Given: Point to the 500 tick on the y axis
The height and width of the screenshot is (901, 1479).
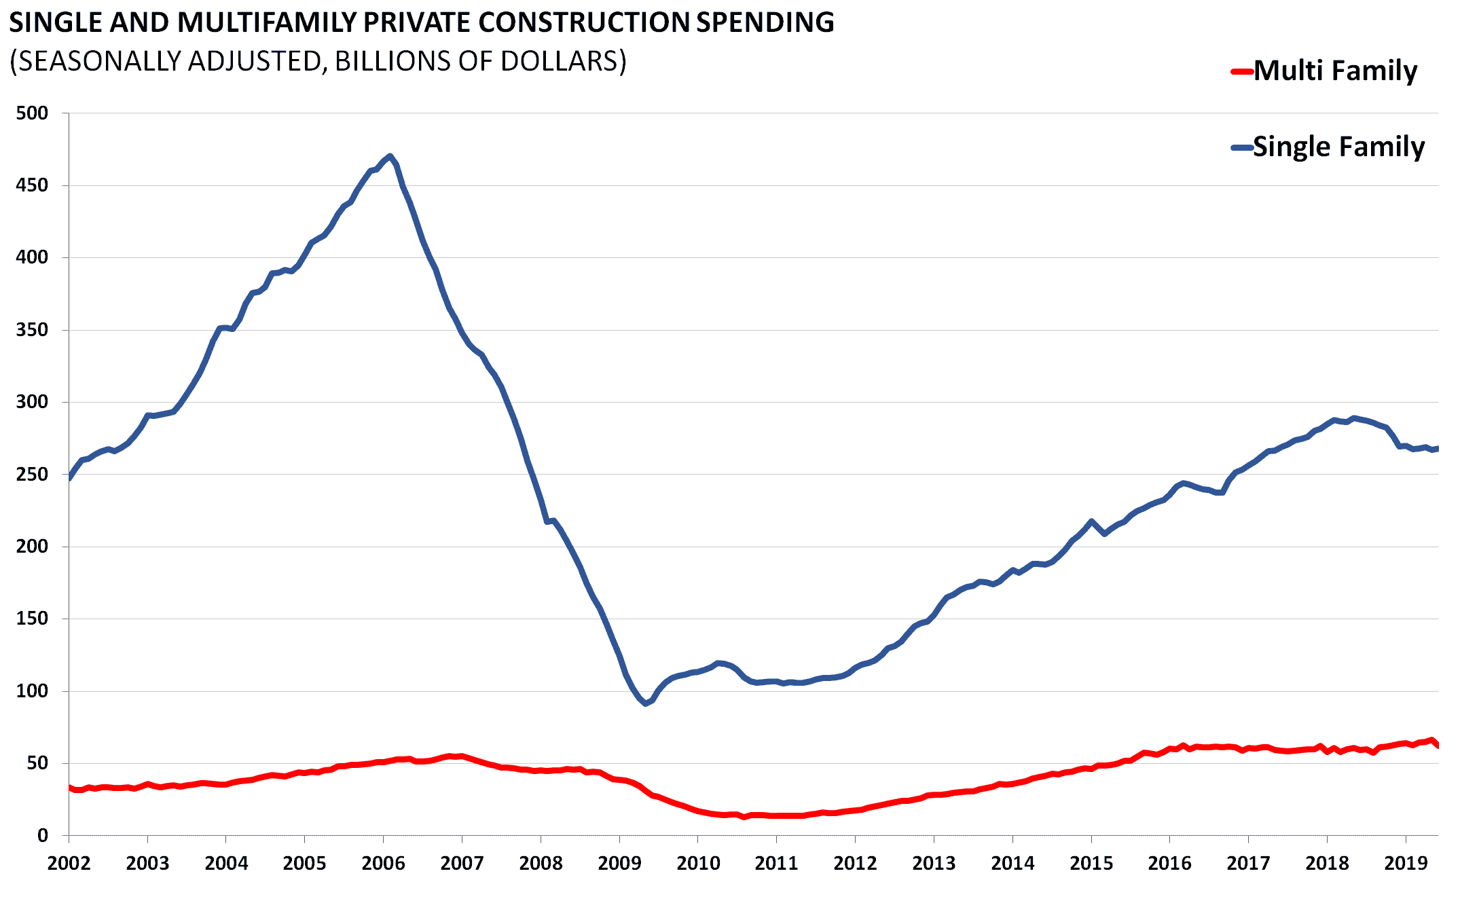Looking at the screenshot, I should (32, 113).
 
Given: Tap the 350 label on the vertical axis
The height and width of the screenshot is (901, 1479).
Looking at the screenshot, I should (32, 330).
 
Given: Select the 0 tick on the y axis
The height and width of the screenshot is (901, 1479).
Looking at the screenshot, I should (42, 836).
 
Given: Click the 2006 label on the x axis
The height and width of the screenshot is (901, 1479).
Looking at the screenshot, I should (383, 864).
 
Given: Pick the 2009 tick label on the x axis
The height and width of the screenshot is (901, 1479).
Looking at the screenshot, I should (619, 864).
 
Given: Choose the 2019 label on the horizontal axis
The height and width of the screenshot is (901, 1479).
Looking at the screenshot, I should (1406, 864).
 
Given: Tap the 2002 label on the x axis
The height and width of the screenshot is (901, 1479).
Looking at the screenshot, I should (69, 864).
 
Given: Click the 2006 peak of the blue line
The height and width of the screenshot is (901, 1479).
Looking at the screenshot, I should (390, 156).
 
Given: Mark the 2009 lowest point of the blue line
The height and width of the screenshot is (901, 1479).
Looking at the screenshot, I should (645, 703).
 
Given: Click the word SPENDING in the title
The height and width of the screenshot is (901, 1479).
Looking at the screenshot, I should (765, 22).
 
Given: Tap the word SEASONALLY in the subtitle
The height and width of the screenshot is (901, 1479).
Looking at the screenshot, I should (98, 61).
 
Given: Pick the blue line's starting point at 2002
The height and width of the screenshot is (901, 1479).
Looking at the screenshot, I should (69, 479).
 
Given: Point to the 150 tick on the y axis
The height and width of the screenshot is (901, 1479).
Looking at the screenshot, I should (32, 619).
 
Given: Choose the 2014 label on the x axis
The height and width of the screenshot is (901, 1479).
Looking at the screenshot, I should (1012, 864).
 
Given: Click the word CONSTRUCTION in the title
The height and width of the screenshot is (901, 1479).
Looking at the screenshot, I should (584, 22).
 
